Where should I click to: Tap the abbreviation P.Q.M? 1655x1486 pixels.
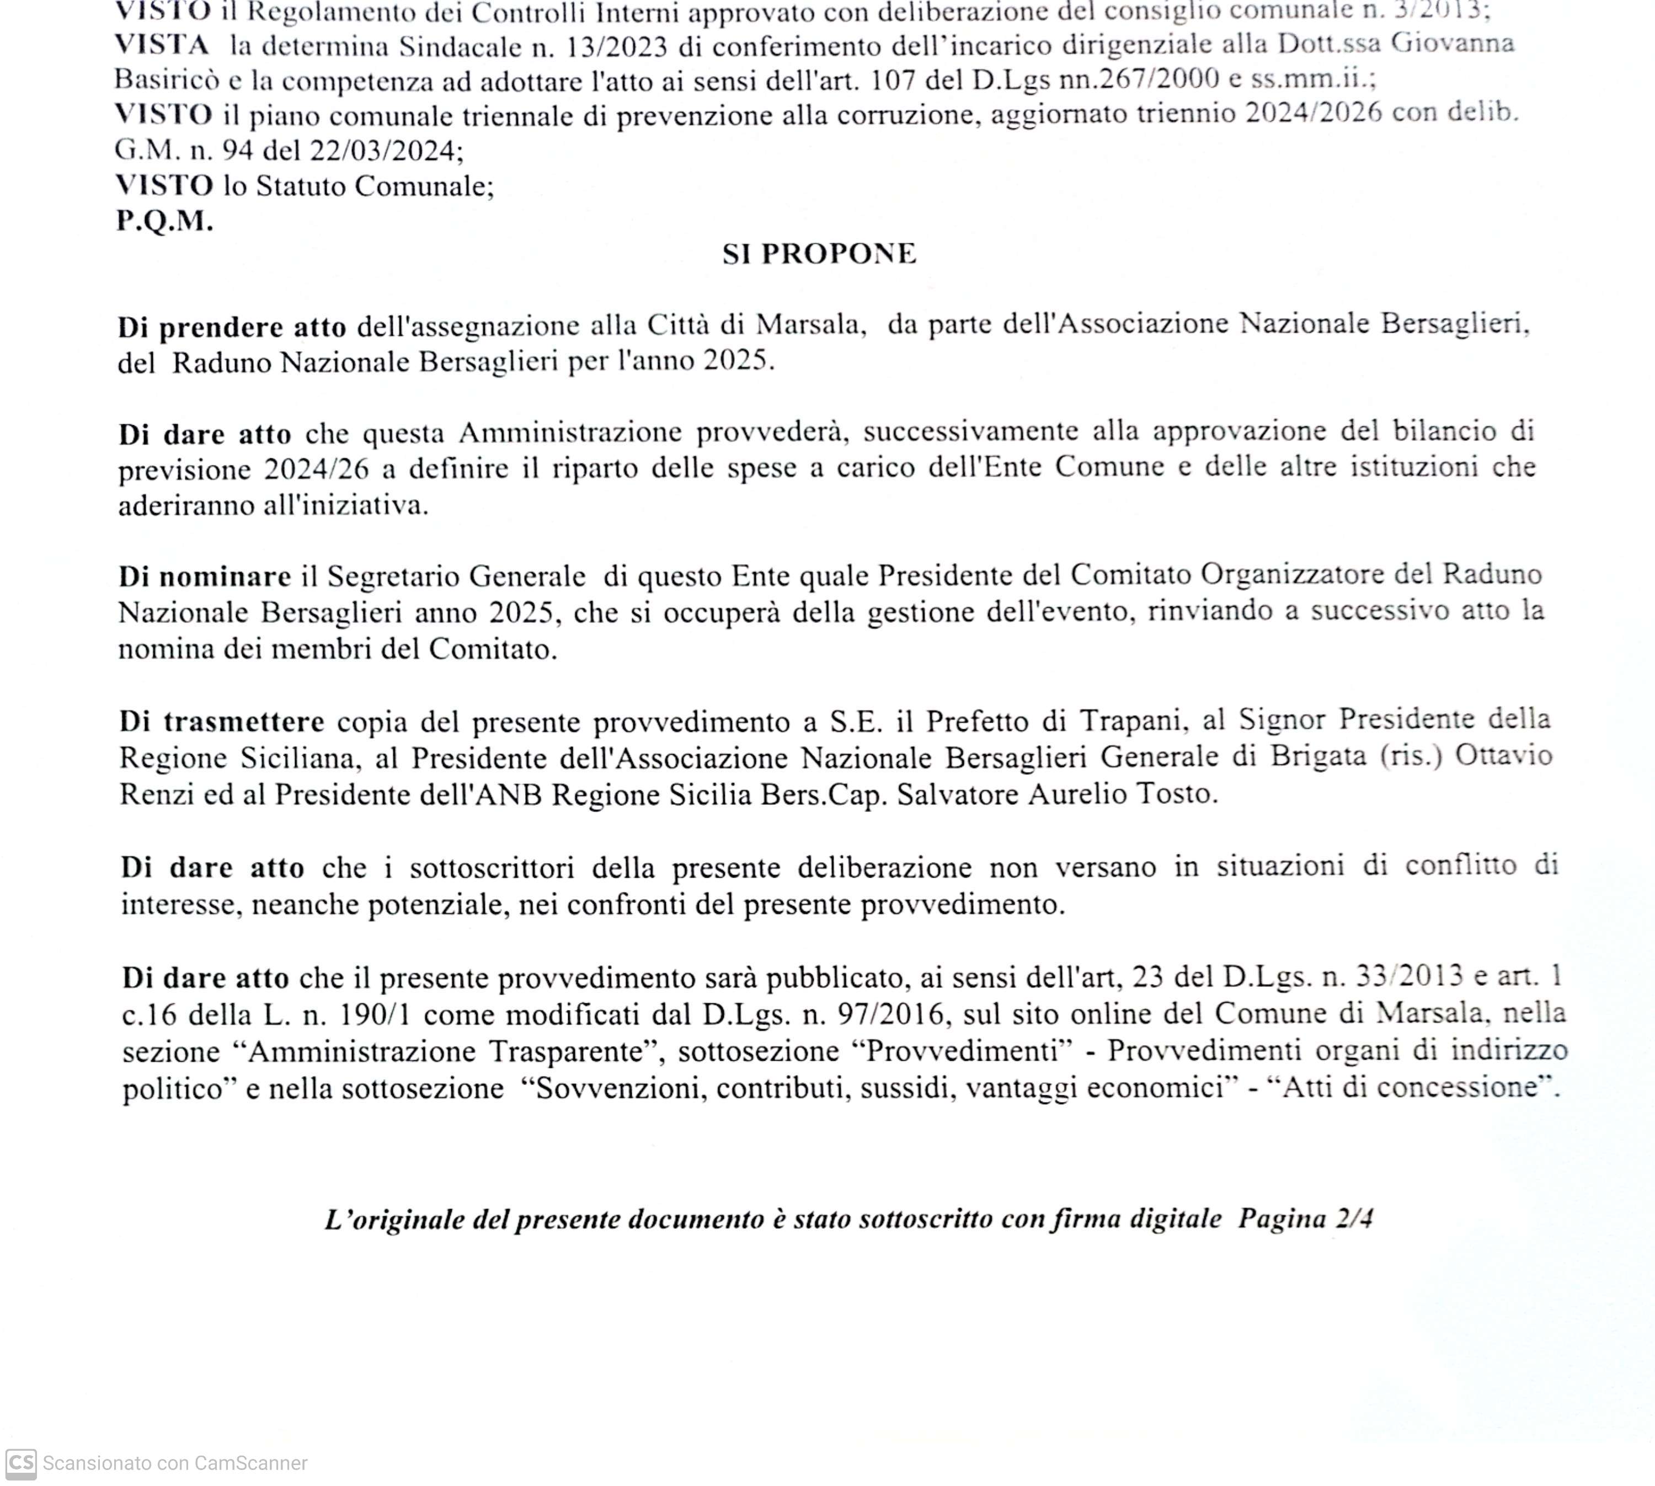point(165,221)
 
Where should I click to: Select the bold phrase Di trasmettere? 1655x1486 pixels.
point(222,723)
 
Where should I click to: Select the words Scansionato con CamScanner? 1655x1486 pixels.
point(175,1463)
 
